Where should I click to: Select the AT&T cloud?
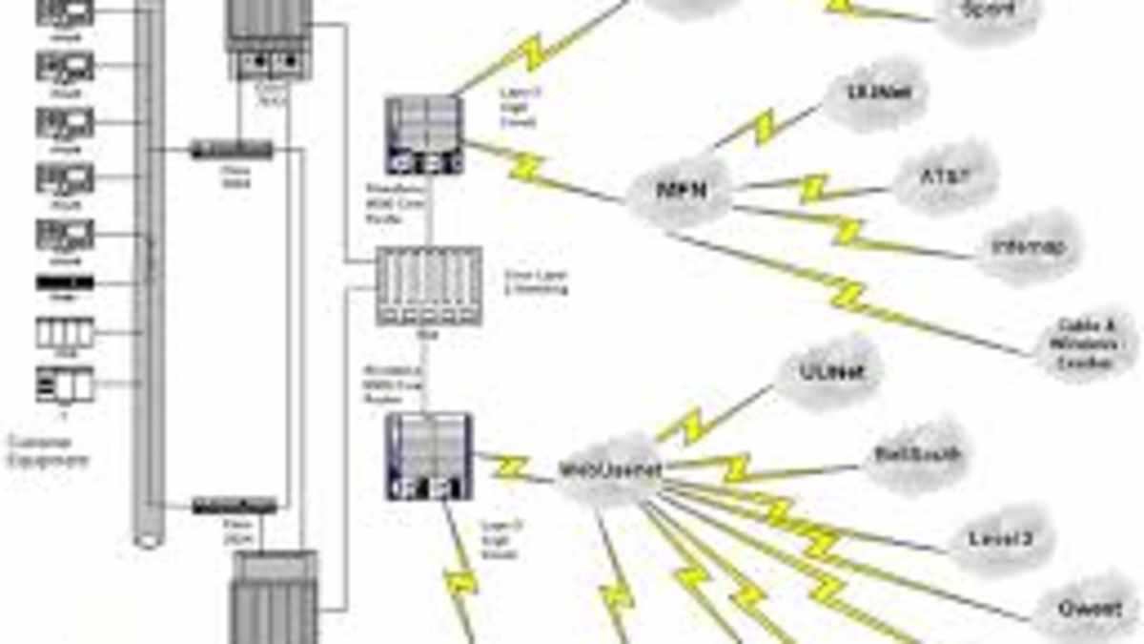click(931, 177)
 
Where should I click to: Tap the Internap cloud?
click(1027, 247)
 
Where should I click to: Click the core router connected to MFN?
click(425, 135)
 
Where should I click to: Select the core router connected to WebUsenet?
click(429, 456)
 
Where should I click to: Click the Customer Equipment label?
click(48, 451)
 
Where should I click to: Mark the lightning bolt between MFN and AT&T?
click(813, 187)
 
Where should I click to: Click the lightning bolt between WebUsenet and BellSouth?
click(738, 468)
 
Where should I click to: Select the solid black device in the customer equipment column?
click(65, 282)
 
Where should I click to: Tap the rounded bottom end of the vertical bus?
click(148, 539)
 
